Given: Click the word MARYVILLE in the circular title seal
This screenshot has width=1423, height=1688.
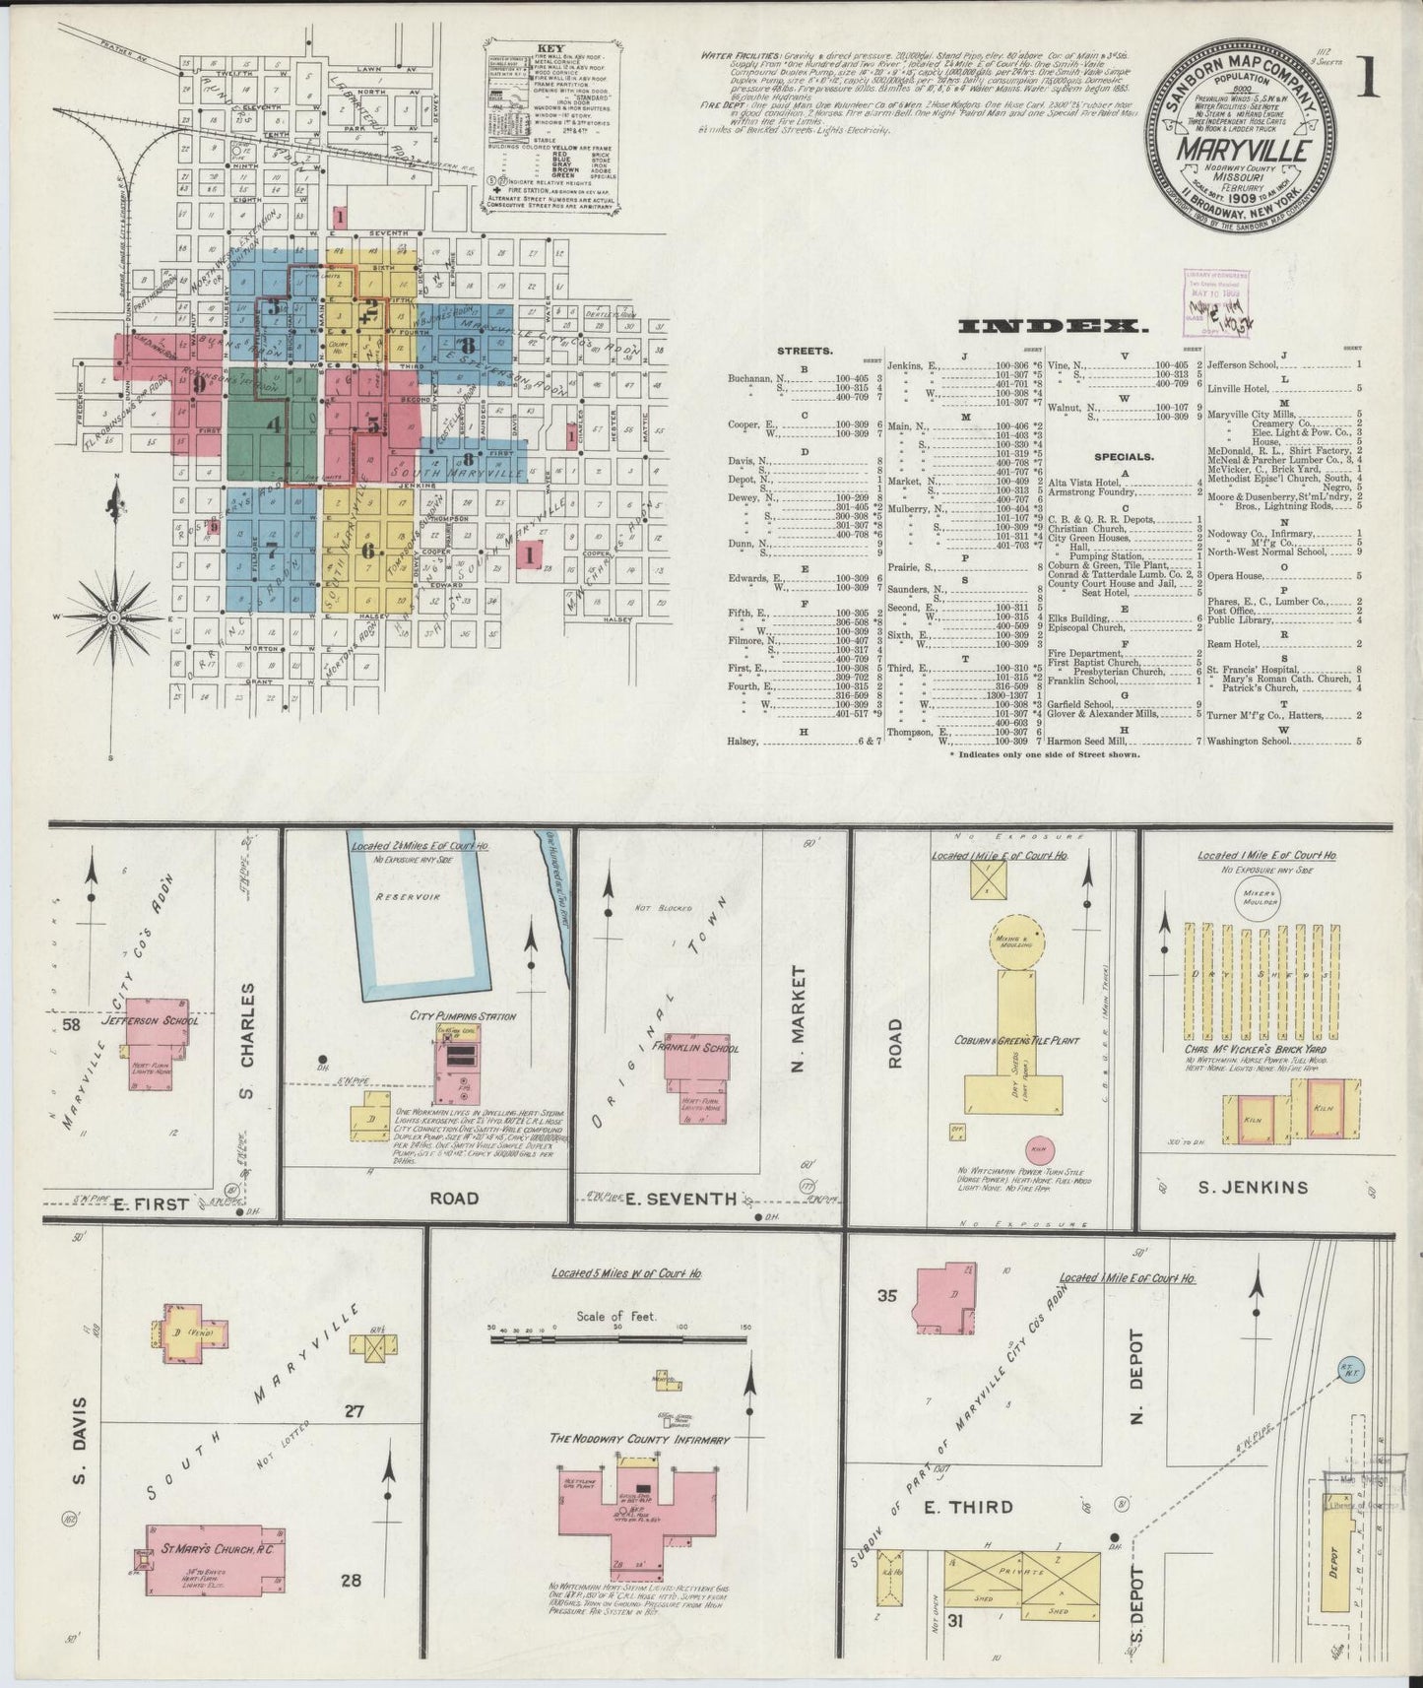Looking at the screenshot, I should [1239, 153].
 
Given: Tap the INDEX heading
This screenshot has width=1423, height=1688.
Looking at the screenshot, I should [1055, 326].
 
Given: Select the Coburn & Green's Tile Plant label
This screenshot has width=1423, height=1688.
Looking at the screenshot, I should [1015, 1041].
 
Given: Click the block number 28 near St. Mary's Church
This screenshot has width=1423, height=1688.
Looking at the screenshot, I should [351, 1581].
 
